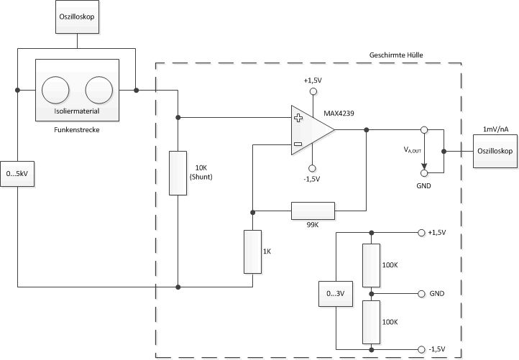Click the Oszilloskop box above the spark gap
pos(77,17)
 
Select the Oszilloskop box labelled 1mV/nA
pos(495,151)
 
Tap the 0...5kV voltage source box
pos(17,174)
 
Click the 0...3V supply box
pos(336,293)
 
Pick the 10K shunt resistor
pos(178,173)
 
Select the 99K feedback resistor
pos(313,211)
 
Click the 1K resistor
pos(252,251)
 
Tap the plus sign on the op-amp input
pos(298,118)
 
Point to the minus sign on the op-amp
pos(298,144)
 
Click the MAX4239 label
pos(339,113)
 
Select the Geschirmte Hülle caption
pos(396,55)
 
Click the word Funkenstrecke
pos(77,130)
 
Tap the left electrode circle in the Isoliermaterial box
pos(55,90)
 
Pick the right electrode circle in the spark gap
pos(99,90)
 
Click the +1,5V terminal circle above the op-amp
pos(313,91)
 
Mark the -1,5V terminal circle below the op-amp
pos(312,168)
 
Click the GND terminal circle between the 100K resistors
pos(421,294)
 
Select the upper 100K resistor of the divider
pos(371,265)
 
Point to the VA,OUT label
pos(412,150)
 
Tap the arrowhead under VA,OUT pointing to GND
pos(424,166)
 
